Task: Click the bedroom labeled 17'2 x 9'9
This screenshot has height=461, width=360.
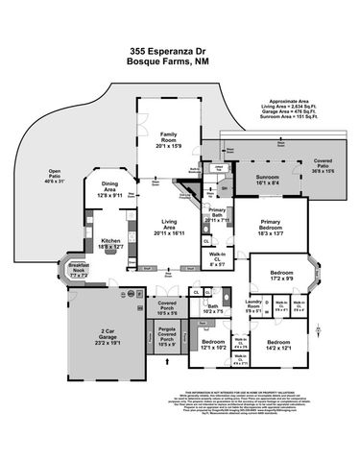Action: pyautogui.click(x=280, y=277)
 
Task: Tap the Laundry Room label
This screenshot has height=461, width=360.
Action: pyautogui.click(x=253, y=307)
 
